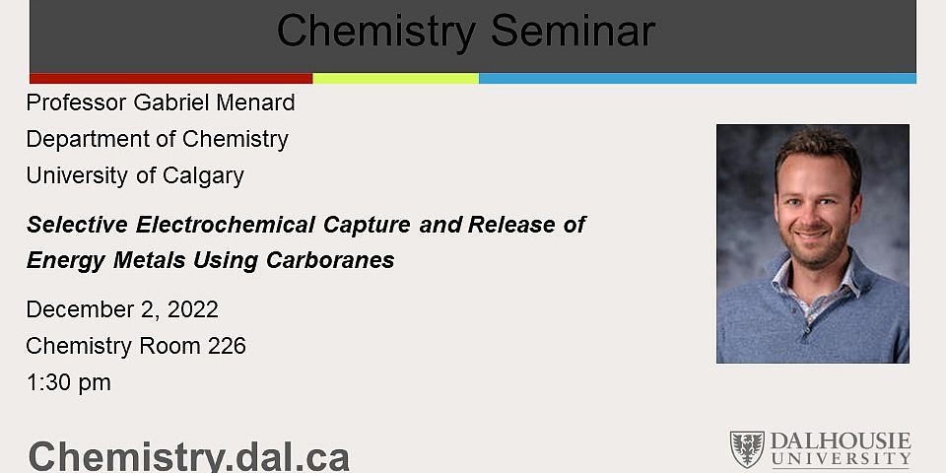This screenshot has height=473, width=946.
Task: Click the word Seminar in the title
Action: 573,32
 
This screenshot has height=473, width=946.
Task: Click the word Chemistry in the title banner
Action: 377,32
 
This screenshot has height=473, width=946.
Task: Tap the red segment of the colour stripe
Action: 170,78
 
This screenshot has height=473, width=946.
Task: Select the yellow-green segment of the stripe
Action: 395,78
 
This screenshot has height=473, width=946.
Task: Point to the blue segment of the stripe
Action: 697,78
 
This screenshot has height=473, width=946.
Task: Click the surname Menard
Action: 257,102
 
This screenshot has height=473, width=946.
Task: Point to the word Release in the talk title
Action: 511,225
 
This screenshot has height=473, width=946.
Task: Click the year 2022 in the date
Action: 193,309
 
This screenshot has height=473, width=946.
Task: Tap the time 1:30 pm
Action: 68,382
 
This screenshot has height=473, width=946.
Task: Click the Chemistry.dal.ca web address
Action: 188,456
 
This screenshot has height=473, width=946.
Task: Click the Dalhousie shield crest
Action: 746,449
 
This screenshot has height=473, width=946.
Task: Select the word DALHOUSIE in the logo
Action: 841,441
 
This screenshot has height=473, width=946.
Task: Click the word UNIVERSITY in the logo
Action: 841,460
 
